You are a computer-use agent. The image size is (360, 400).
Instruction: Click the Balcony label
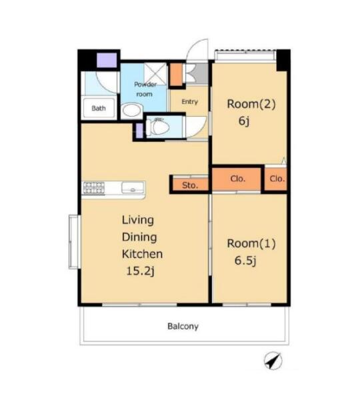(x=183, y=326)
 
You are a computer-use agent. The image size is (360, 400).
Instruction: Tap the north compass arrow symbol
(x=273, y=361)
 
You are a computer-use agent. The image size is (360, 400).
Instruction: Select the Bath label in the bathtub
(x=99, y=108)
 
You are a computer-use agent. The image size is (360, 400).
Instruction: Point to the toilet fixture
(x=158, y=127)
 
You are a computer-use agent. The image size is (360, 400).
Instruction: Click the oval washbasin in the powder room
(x=131, y=110)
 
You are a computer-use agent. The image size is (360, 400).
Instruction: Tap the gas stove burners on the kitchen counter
(x=93, y=188)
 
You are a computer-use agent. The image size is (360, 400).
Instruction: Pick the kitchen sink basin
(x=133, y=188)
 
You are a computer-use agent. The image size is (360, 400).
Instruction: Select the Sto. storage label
(x=190, y=185)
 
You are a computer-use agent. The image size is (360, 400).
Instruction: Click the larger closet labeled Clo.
(x=237, y=179)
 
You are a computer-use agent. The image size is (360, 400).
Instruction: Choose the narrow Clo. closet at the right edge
(x=276, y=179)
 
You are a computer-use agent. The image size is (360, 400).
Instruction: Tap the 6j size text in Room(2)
(x=244, y=121)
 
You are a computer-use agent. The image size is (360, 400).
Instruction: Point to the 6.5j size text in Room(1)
(x=245, y=261)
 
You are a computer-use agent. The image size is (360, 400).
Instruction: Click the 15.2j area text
(x=141, y=271)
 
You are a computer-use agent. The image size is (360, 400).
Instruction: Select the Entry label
(x=190, y=102)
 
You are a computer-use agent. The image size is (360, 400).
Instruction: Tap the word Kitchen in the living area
(x=142, y=254)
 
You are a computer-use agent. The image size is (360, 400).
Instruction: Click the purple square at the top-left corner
(x=107, y=60)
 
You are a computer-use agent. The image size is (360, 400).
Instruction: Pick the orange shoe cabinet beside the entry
(x=176, y=74)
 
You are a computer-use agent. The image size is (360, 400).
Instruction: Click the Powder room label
(x=145, y=89)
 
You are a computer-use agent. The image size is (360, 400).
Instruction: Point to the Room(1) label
(x=251, y=243)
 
